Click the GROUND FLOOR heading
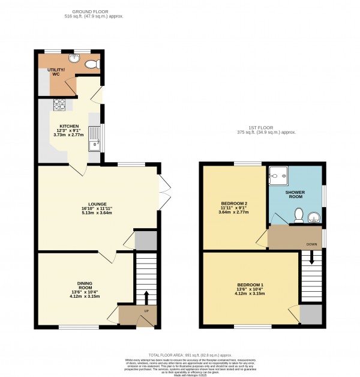pos(97,11)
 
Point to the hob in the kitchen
pos(60,105)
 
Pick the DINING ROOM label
pos(84,285)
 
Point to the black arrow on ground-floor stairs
pos(145,297)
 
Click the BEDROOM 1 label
pos(250,284)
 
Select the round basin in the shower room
pos(314,217)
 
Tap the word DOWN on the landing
pos(311,244)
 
